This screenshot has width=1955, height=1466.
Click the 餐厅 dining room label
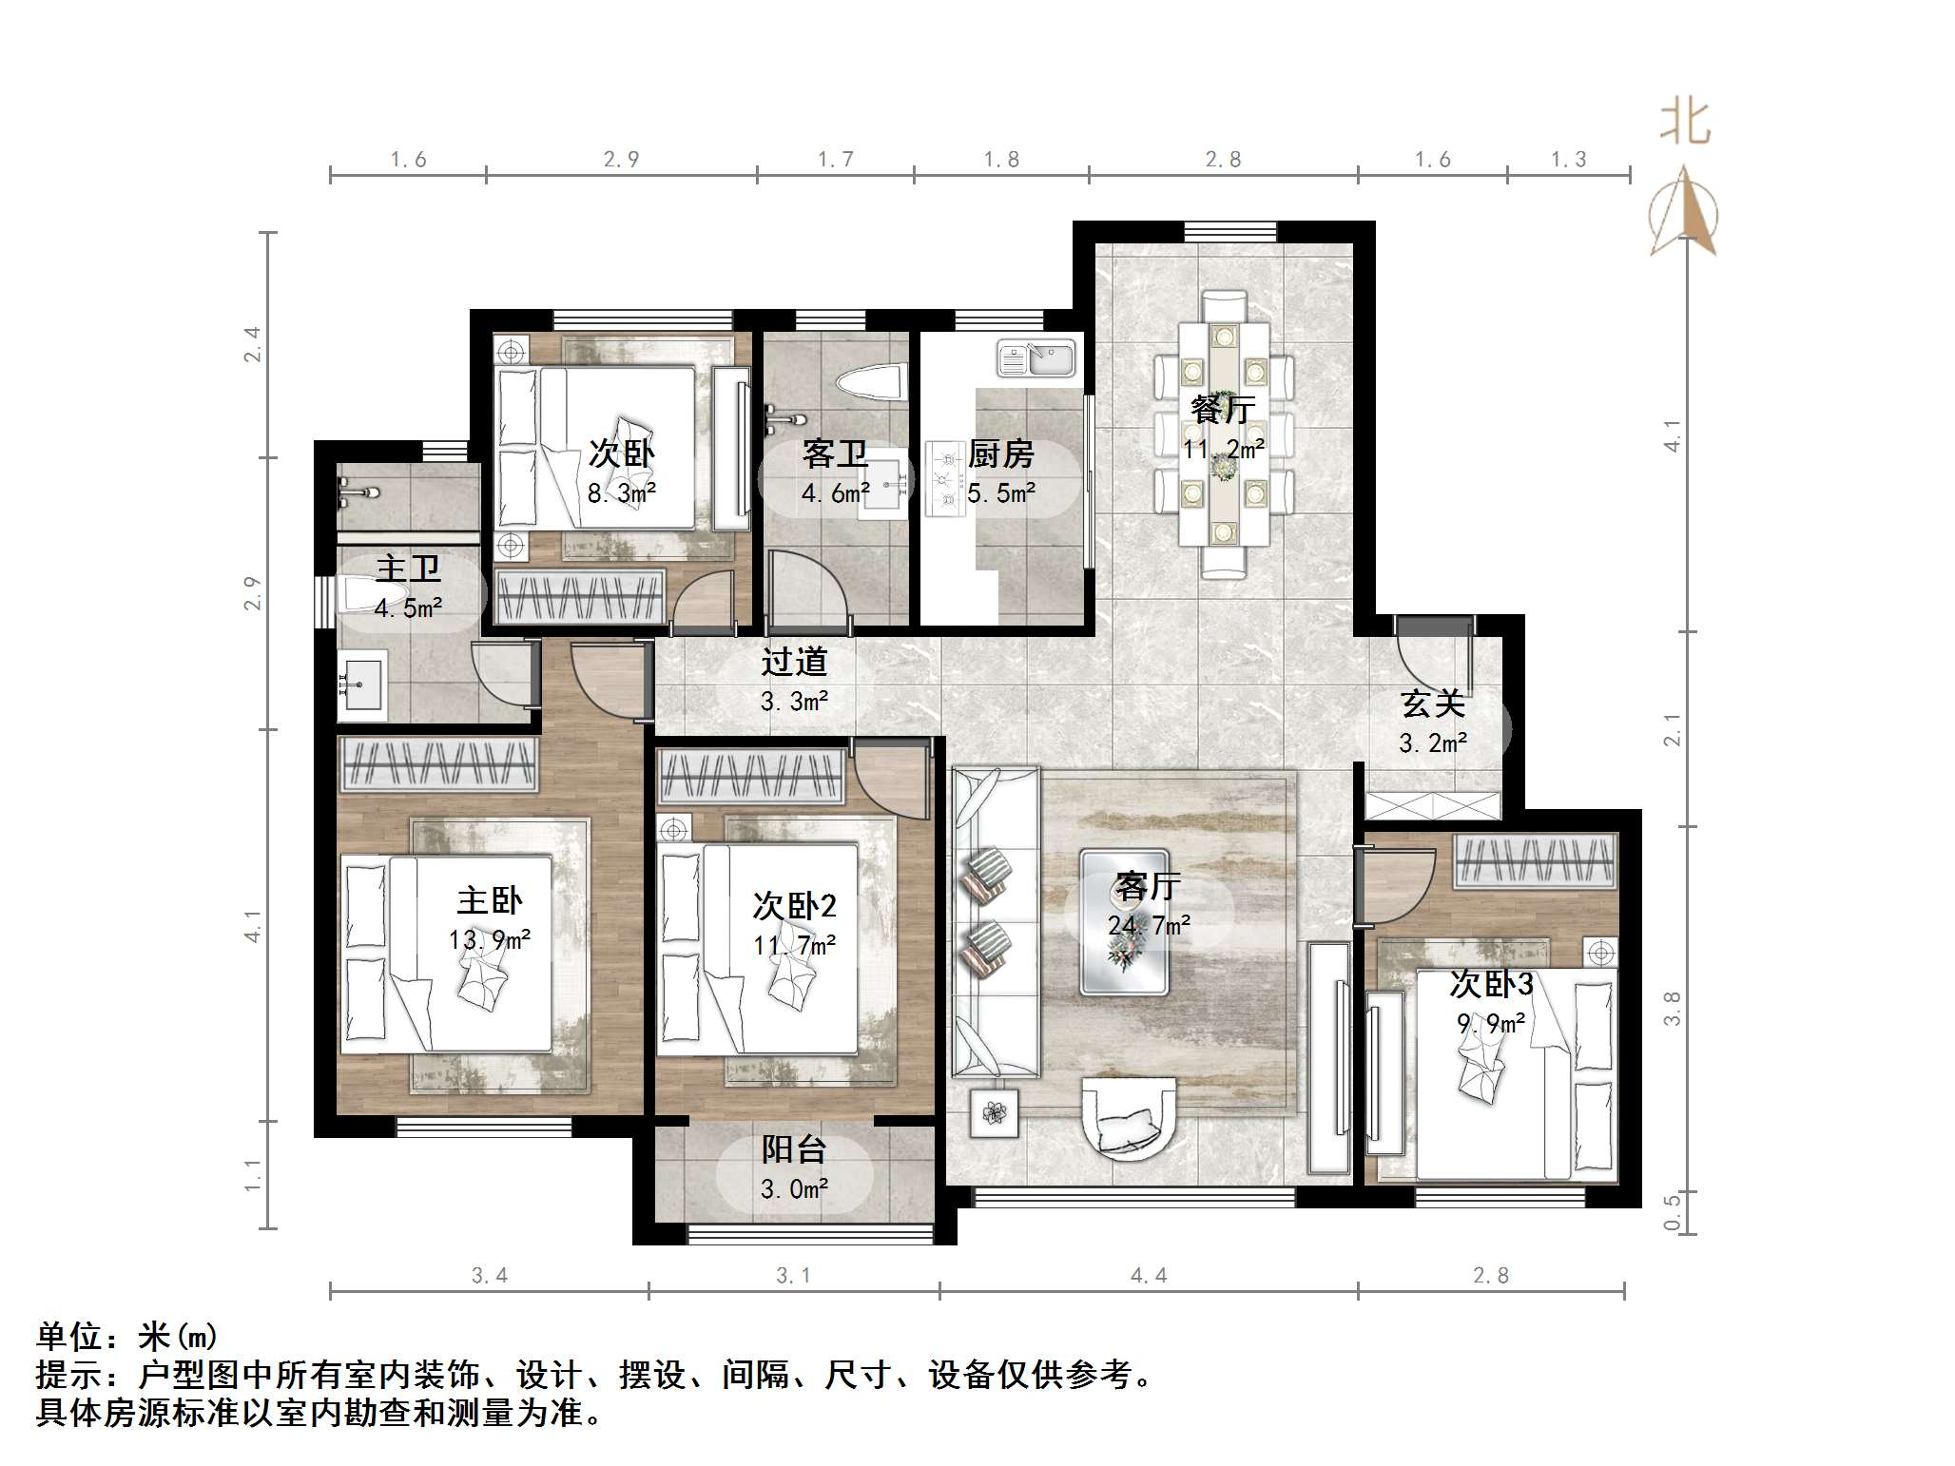1224,409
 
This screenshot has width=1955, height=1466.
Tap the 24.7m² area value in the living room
1150,925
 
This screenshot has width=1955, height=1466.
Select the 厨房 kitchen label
1001,454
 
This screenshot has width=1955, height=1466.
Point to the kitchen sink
1036,359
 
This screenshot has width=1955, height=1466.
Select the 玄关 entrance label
1433,704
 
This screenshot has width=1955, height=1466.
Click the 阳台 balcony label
794,1150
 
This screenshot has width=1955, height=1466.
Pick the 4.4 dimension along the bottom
1149,1275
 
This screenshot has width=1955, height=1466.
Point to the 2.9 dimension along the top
621,159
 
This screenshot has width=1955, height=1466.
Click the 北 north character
1685,123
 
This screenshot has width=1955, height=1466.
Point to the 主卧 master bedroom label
490,899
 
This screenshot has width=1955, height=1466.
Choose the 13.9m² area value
490,940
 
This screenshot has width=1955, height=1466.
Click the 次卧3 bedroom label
1491,983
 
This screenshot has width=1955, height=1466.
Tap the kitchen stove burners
945,478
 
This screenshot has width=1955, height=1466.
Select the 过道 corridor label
794,662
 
